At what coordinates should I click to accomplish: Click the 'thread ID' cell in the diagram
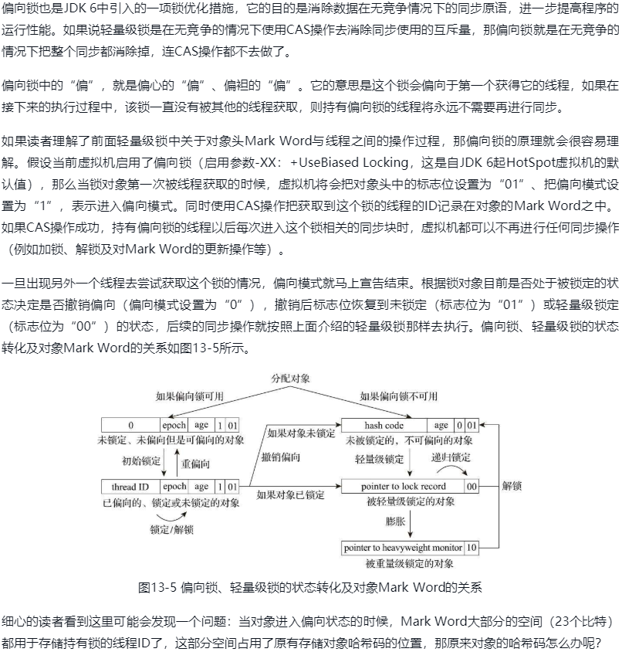(x=130, y=487)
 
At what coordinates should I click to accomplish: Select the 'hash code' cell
(x=384, y=425)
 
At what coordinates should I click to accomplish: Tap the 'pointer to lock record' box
(x=403, y=487)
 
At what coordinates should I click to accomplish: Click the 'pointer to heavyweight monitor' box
(x=403, y=548)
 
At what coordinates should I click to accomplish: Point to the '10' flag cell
(x=472, y=548)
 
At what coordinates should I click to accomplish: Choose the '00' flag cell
(x=472, y=487)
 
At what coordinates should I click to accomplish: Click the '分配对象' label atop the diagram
(x=290, y=379)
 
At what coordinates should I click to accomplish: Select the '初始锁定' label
(x=141, y=462)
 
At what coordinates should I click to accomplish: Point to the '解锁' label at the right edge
(x=512, y=487)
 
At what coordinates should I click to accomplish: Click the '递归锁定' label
(x=451, y=457)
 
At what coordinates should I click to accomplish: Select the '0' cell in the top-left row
(x=130, y=425)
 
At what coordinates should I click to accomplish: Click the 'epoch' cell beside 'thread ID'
(x=174, y=487)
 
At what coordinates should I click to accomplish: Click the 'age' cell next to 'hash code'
(x=441, y=425)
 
